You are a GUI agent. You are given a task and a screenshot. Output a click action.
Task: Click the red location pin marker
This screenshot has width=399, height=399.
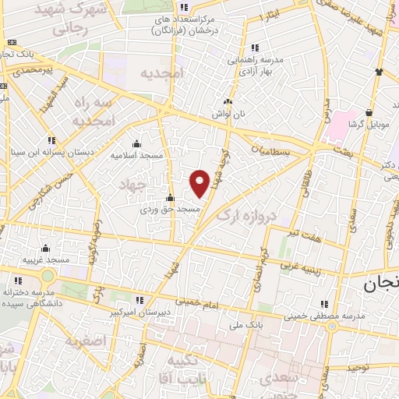point(199,183)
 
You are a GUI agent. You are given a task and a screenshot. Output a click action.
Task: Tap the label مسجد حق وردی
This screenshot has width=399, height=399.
point(171,210)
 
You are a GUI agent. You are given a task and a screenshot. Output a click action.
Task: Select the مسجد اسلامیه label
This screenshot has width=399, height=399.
point(137,156)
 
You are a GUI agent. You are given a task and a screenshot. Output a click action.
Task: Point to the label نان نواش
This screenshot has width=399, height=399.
point(228,114)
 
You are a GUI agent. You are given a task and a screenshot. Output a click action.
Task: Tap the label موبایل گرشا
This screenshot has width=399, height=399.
point(365,125)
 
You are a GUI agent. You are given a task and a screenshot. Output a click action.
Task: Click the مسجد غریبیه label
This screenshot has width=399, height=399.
point(45,260)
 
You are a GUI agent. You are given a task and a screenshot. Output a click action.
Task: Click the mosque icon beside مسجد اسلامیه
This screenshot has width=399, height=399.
point(137,143)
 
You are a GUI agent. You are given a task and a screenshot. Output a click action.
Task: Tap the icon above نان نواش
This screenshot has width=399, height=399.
point(228,101)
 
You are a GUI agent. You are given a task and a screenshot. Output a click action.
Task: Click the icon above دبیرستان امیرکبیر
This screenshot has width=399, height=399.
point(139,299)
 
